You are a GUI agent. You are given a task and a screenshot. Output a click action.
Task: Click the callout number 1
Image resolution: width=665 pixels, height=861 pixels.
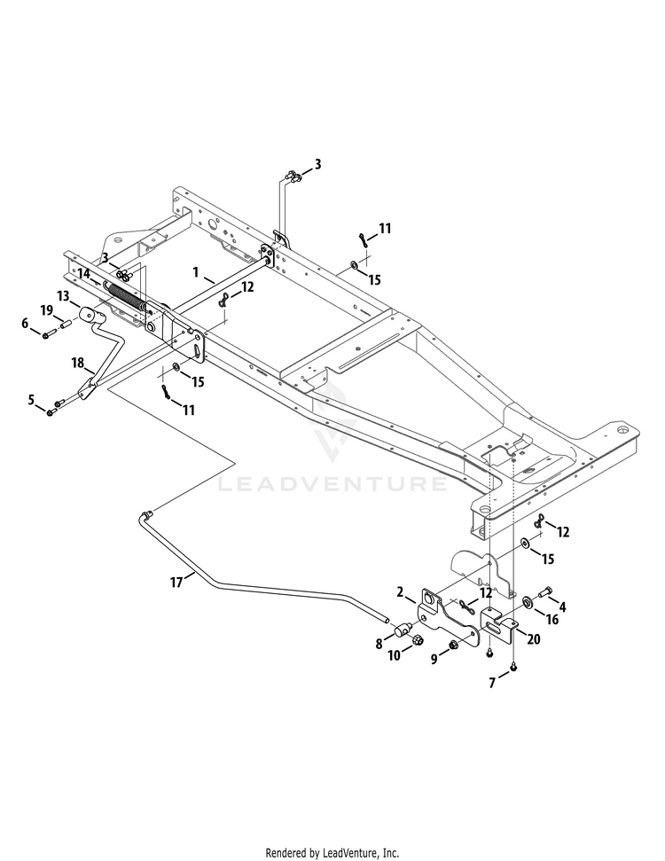point(195,272)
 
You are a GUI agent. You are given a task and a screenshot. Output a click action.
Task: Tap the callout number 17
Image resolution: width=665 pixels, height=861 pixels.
point(176,582)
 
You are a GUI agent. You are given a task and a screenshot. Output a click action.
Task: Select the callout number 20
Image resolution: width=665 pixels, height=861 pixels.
point(533,639)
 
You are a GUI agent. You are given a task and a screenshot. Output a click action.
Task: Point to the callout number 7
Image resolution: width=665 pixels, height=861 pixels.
point(492,683)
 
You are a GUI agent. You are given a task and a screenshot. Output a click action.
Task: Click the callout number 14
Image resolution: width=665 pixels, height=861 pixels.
point(84,273)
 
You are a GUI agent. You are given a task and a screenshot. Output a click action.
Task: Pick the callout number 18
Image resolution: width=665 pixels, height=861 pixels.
point(77,363)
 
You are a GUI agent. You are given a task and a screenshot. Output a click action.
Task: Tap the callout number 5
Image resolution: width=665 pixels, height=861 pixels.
point(31,400)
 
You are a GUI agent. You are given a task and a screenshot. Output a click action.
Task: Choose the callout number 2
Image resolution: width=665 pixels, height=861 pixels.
point(400,592)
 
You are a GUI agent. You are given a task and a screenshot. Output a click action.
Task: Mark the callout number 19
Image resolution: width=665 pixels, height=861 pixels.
point(47,311)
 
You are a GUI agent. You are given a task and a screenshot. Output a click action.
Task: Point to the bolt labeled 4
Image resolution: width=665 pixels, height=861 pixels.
point(544,592)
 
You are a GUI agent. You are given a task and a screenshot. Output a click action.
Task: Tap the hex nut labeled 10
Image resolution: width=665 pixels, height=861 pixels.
point(416,639)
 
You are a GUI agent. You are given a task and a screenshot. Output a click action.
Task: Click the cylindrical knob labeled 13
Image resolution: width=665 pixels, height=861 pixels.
point(90,317)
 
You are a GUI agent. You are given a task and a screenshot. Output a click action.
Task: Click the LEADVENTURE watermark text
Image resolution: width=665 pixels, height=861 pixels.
point(332,483)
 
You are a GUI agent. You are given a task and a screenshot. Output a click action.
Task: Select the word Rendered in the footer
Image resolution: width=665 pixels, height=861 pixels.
point(286,853)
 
